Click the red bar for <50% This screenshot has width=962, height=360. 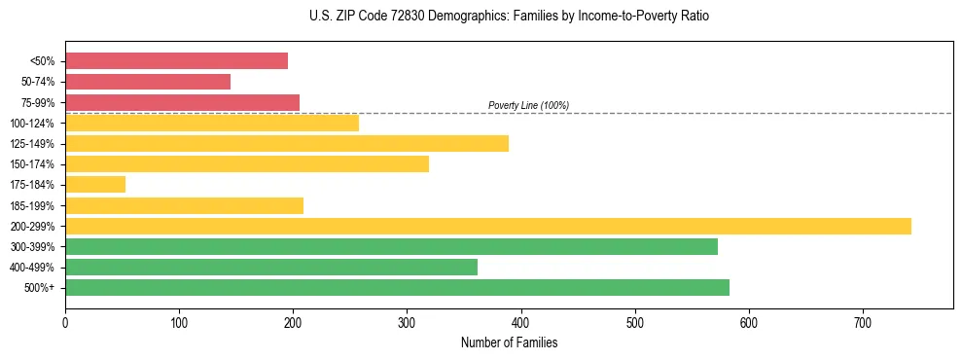click(x=176, y=61)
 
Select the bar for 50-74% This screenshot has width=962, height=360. click(x=148, y=82)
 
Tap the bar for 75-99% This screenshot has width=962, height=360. click(x=182, y=102)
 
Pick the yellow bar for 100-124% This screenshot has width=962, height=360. click(x=212, y=123)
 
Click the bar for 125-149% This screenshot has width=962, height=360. click(x=287, y=144)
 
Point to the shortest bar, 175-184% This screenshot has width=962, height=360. click(x=95, y=185)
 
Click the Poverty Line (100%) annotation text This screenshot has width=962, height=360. click(x=528, y=105)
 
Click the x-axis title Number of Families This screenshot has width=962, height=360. click(x=509, y=342)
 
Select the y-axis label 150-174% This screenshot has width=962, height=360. click(x=32, y=164)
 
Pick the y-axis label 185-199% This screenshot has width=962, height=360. click(x=32, y=205)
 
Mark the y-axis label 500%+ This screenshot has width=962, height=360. click(x=39, y=288)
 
